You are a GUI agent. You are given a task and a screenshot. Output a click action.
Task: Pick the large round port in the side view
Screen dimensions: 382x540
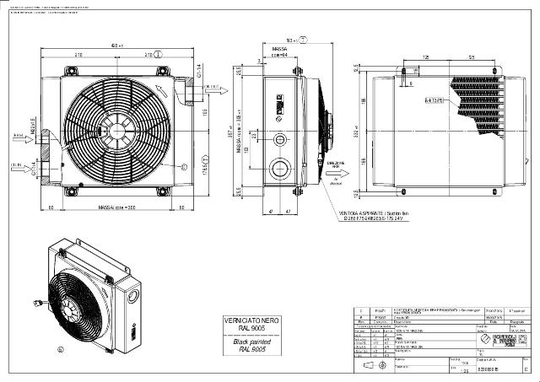277,169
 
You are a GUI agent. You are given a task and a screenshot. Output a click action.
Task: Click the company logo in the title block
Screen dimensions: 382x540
506,344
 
